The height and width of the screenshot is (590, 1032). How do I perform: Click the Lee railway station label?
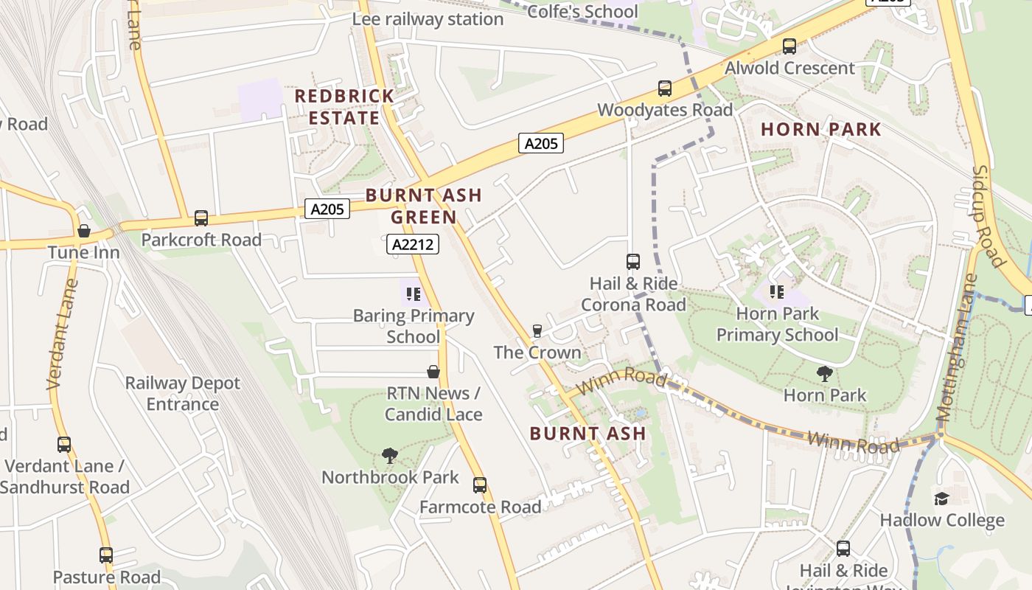[x=428, y=19]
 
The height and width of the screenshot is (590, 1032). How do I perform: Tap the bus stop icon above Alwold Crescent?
[x=789, y=46]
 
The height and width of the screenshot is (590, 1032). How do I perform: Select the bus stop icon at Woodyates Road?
[x=664, y=88]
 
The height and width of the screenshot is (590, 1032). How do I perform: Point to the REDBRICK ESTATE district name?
[x=344, y=107]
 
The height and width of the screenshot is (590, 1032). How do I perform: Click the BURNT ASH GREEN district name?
[x=423, y=206]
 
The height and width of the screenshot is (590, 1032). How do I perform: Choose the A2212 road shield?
[x=412, y=244]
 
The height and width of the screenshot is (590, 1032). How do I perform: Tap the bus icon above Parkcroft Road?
[x=201, y=218]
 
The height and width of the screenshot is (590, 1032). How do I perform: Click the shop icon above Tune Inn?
[x=84, y=231]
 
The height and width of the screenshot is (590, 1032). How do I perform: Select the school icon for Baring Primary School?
[x=413, y=294]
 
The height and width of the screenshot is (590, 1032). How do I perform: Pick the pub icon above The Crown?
[x=537, y=331]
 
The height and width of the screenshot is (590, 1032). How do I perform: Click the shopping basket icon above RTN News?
[x=433, y=372]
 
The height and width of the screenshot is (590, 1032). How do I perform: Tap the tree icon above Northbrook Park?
[x=390, y=456]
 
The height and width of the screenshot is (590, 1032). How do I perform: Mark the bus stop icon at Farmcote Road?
[x=480, y=485]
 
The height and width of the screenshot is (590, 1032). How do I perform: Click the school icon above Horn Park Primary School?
[x=776, y=292]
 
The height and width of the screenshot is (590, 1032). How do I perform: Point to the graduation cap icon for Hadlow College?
[x=941, y=499]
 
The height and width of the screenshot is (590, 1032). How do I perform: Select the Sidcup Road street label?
[x=988, y=215]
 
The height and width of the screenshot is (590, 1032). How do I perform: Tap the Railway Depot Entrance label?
[x=182, y=393]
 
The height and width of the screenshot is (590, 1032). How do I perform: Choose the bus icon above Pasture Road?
[x=106, y=555]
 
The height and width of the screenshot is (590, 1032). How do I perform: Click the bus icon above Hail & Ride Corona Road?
[x=632, y=262]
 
